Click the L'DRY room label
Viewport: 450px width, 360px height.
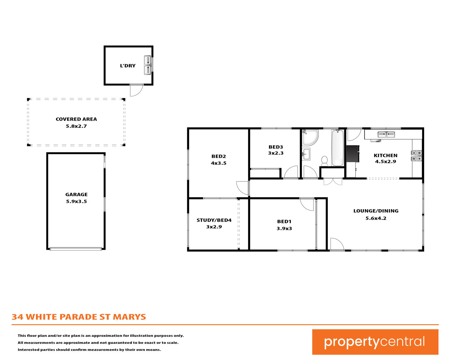pos(127,66)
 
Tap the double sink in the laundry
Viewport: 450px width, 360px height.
pos(148,65)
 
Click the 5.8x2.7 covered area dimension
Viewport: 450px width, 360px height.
pos(76,126)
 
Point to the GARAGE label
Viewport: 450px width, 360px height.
pos(76,194)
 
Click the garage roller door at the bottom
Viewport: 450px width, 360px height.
pos(76,249)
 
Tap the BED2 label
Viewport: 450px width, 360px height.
pos(218,156)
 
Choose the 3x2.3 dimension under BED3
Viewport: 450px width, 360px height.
pos(276,153)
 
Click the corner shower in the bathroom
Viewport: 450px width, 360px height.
pos(310,137)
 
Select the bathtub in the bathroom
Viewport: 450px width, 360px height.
pos(337,148)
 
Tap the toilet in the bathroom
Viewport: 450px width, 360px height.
pos(324,161)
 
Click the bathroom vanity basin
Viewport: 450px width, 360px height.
pos(306,154)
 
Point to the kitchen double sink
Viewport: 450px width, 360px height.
pos(386,134)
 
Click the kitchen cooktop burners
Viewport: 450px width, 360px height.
pos(416,156)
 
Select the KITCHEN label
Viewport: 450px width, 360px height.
pos(385,155)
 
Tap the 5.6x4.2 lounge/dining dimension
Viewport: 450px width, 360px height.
pos(376,218)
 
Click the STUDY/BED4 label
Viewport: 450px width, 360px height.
pos(214,220)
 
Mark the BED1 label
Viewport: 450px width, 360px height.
pos(284,221)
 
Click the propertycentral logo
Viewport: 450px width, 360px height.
pos(375,342)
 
